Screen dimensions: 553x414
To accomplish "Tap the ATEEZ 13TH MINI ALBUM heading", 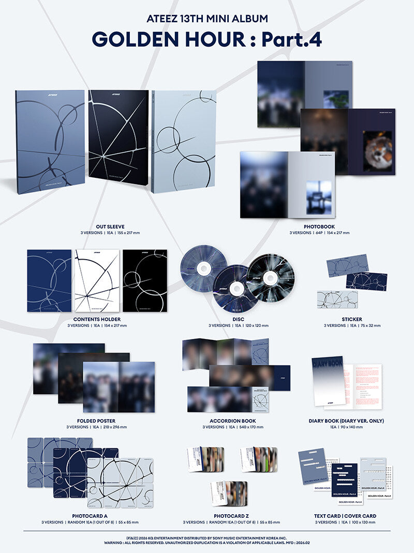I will pyautogui.click(x=207, y=19).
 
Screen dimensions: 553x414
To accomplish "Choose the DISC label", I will pyautogui.click(x=239, y=319).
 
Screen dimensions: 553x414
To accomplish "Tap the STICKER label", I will pyautogui.click(x=351, y=319).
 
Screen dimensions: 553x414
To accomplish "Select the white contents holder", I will pyautogui.click(x=97, y=280).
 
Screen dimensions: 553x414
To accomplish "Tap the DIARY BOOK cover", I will pyautogui.click(x=328, y=380).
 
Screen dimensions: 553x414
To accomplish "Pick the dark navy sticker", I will pyautogui.click(x=366, y=281).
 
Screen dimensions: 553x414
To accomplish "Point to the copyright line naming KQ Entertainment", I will pyautogui.click(x=207, y=537).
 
